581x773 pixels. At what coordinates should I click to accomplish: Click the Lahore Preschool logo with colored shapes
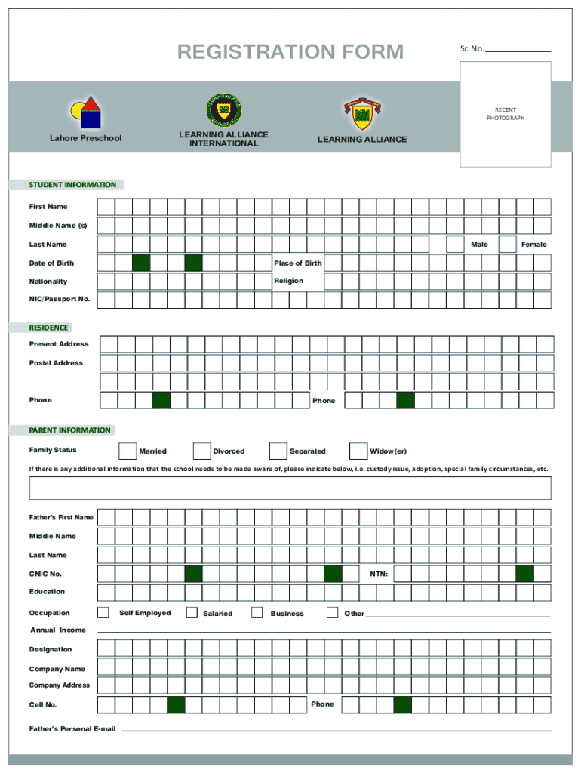tap(85, 113)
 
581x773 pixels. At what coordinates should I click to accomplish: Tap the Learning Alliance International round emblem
tap(223, 110)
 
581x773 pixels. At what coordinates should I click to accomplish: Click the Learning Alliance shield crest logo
tap(361, 115)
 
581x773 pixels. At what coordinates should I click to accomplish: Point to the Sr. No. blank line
tap(518, 50)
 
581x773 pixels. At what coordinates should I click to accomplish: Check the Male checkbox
tap(455, 244)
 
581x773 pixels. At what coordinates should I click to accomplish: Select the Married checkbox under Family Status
tap(128, 451)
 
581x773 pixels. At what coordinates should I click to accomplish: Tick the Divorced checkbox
tap(201, 451)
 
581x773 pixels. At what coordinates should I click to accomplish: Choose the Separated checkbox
tap(278, 451)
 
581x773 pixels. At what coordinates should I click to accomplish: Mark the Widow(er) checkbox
tap(358, 451)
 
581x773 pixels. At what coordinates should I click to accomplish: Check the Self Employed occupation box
tap(103, 612)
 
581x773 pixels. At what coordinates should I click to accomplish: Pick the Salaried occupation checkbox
tap(192, 612)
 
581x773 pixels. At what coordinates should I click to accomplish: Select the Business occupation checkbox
tap(257, 612)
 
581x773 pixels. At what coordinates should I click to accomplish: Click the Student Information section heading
tap(72, 185)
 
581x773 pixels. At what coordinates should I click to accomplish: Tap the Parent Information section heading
tap(69, 430)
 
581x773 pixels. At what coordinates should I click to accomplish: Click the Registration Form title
tap(290, 51)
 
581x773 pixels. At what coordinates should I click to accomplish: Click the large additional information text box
tap(290, 488)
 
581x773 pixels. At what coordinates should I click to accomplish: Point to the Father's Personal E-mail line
tap(337, 730)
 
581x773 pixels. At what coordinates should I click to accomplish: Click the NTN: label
tap(379, 574)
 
